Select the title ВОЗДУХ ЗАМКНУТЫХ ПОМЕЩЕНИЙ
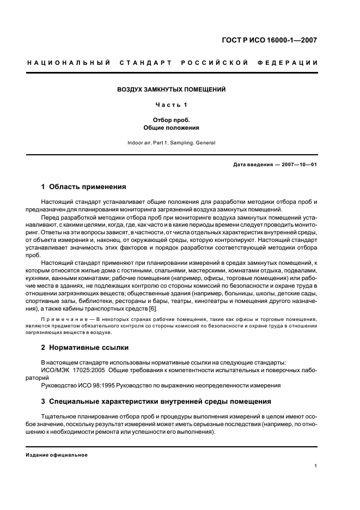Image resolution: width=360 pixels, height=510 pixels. (172, 89)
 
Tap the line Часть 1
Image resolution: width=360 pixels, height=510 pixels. (172, 105)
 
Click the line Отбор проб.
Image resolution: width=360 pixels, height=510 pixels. (172, 120)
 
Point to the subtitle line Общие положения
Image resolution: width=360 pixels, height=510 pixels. (172, 128)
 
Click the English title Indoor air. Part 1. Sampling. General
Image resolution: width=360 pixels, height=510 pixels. (172, 143)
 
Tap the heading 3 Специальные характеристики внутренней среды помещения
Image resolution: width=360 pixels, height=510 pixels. (156, 402)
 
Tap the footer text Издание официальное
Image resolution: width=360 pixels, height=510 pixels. (57, 455)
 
